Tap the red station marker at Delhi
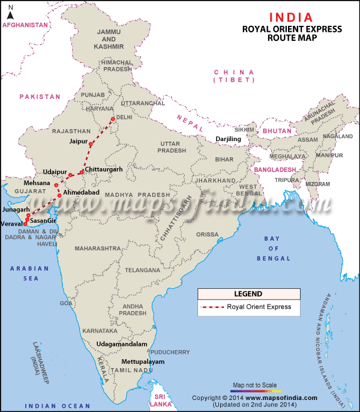pyautogui.click(x=112, y=119)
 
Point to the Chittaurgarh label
pyautogui.click(x=104, y=170)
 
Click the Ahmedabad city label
pyautogui.click(x=81, y=192)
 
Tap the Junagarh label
pyautogui.click(x=15, y=210)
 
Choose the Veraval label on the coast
pyautogui.click(x=11, y=223)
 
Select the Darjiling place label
pyautogui.click(x=228, y=139)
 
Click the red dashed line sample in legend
pyautogui.click(x=212, y=307)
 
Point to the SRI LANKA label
pyautogui.click(x=159, y=401)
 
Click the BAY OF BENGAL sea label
pyautogui.click(x=273, y=249)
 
